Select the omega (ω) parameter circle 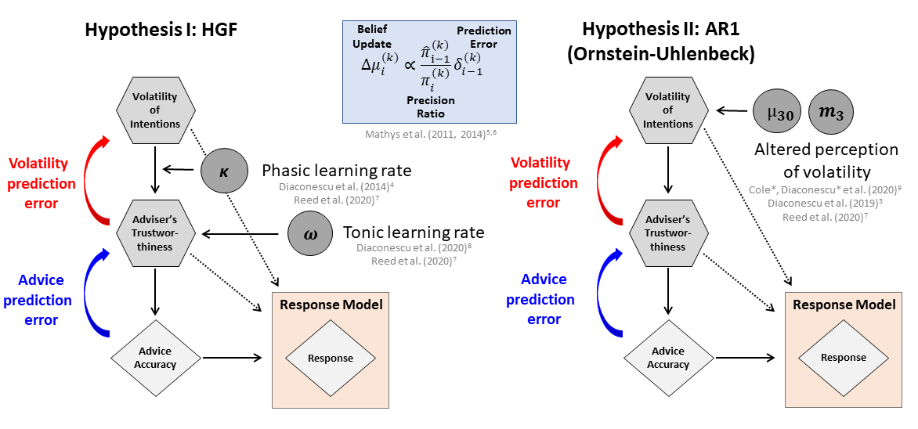309,234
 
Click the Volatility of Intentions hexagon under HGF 155,110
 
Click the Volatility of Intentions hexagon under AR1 667,110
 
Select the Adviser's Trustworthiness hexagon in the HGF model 155,233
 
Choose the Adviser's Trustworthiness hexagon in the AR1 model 667,233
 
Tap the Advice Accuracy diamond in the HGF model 155,358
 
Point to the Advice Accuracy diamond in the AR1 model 667,358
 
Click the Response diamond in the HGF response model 331,359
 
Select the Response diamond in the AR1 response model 843,358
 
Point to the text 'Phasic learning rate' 337,171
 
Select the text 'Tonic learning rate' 414,233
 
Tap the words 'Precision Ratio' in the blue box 431,106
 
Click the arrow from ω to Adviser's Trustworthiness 240,235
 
